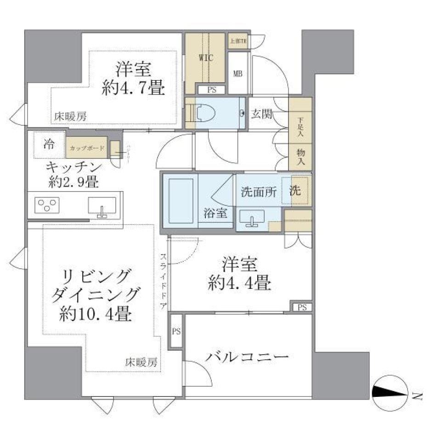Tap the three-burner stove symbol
click(48, 205)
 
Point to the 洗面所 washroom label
click(259, 192)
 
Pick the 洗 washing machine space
click(295, 191)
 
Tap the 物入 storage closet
click(300, 157)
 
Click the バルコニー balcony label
click(247, 357)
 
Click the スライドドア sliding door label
click(164, 281)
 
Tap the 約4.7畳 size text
click(133, 87)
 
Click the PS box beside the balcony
click(176, 331)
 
